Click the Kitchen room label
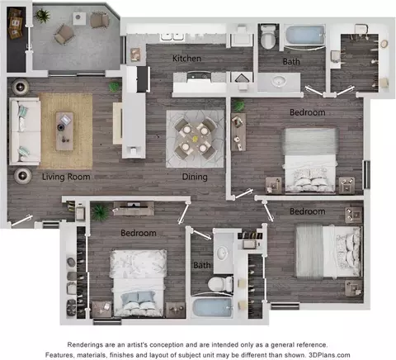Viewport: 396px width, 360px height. point(186,59)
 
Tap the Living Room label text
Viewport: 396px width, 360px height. point(66,177)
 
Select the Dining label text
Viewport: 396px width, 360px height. point(195,177)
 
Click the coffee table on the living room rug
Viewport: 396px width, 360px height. point(64,131)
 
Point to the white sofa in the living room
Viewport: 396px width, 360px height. point(25,131)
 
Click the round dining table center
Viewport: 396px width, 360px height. point(195,139)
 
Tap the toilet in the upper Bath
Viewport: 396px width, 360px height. point(269,37)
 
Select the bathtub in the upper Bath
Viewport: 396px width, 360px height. point(304,35)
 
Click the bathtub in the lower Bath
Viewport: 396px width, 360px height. point(212,307)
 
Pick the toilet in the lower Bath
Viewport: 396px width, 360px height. point(220,284)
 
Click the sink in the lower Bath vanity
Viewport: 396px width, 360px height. point(222,253)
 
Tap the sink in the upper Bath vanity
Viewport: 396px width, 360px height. point(279,82)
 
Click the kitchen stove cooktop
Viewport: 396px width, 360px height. point(199,77)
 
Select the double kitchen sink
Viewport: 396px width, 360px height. point(172,36)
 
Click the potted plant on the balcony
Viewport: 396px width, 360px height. point(42,16)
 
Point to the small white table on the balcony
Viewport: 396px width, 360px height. point(79,18)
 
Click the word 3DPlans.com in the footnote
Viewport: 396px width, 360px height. point(329,355)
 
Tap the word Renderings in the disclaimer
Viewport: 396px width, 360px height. point(82,345)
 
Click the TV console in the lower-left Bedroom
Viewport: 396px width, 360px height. point(134,209)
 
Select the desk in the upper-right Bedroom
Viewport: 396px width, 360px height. point(238,132)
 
